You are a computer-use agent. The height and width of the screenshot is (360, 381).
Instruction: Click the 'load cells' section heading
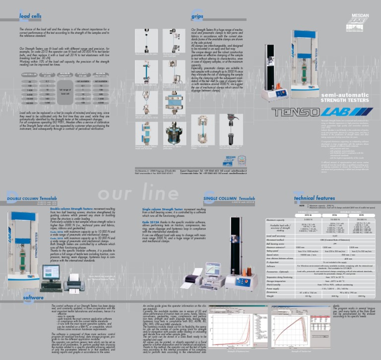[30, 16]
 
